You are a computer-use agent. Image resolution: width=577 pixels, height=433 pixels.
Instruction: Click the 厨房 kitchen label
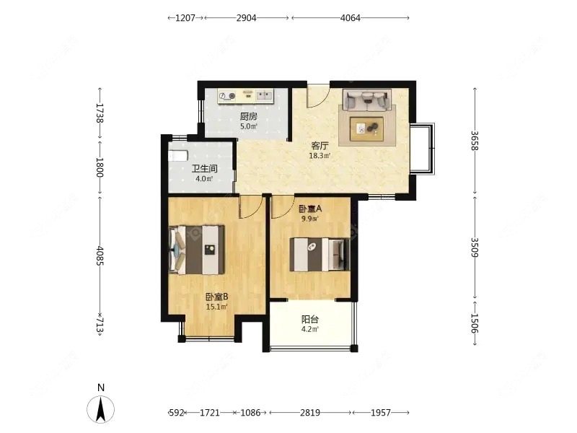(248, 117)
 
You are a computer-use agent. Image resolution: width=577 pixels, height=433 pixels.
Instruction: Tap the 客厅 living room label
(320, 146)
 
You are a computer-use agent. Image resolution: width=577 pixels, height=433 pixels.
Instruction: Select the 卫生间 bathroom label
(204, 169)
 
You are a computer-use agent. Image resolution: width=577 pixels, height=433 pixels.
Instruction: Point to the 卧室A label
(310, 209)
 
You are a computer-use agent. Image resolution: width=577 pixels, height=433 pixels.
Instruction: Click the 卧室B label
(217, 297)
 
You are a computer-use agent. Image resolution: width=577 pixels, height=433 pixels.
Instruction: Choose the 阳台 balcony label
(310, 320)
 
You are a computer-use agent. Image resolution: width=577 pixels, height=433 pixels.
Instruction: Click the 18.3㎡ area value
(320, 156)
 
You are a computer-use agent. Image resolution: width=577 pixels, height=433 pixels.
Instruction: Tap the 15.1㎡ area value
(217, 306)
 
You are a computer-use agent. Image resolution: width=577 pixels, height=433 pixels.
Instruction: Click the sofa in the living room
(367, 100)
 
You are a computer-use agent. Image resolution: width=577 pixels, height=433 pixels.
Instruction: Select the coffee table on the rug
(367, 128)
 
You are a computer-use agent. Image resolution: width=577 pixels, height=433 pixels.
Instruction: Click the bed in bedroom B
(197, 250)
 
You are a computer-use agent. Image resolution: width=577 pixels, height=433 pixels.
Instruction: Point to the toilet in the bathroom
(178, 156)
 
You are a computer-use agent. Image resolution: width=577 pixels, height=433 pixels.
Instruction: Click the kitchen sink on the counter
(265, 96)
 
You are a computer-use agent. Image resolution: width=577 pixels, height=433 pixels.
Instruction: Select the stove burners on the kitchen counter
(227, 96)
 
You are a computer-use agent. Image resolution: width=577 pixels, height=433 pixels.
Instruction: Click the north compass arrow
(100, 408)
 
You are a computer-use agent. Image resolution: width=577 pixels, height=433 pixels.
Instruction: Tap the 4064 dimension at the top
(351, 17)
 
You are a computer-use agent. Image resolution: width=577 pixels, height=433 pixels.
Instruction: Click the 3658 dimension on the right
(475, 141)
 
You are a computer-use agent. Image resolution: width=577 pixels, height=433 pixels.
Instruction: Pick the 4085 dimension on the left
(100, 255)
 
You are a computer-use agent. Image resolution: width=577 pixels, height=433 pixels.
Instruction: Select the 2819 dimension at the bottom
(310, 413)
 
